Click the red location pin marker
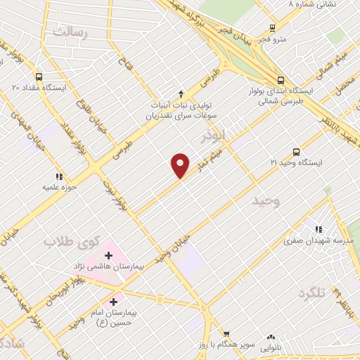[181, 165]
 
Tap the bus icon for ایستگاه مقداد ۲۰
[38, 77]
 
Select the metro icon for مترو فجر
[272, 29]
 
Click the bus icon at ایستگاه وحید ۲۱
[296, 152]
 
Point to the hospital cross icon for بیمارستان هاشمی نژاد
[109, 255]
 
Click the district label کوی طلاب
[70, 241]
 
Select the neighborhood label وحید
[266, 202]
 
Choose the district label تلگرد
[313, 292]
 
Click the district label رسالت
[69, 31]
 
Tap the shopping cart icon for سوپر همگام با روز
[226, 334]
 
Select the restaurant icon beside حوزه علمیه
[60, 176]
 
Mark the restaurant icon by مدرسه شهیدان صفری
[319, 229]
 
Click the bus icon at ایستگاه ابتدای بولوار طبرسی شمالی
[281, 80]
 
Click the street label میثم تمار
[210, 159]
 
